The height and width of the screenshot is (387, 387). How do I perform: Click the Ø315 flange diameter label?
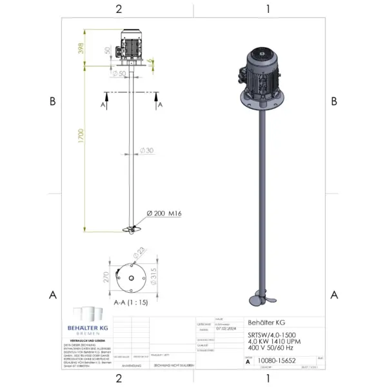[153, 277]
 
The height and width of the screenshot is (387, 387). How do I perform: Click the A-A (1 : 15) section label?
[129, 301]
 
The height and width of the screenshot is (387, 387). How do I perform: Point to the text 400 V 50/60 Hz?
[272, 348]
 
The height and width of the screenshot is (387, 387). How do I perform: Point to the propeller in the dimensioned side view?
[131, 229]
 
